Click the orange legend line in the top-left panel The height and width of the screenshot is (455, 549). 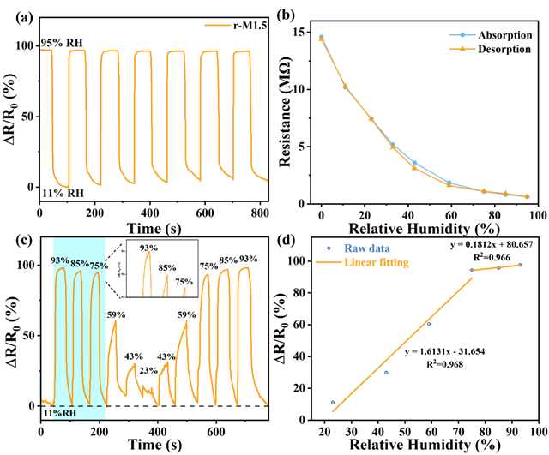[x=218, y=25]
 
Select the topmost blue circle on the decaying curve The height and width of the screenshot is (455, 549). [x=322, y=37]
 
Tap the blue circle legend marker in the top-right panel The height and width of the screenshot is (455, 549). [x=462, y=35]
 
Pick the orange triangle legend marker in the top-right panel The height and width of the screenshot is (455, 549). [x=462, y=49]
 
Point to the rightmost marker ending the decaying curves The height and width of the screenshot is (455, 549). [x=527, y=197]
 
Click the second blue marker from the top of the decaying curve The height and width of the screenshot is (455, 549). [x=346, y=86]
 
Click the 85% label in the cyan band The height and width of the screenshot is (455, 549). [x=80, y=263]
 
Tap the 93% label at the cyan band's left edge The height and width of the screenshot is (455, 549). [x=61, y=260]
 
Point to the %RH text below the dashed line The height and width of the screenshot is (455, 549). [x=65, y=413]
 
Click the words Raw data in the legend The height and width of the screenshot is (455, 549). [x=368, y=247]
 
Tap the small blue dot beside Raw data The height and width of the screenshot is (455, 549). [x=329, y=247]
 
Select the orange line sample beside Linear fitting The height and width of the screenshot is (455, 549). [x=329, y=262]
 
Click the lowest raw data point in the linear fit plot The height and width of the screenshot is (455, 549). [x=333, y=402]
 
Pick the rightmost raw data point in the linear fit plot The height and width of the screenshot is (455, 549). [x=520, y=265]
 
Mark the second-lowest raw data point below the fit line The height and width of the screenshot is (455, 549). [x=386, y=372]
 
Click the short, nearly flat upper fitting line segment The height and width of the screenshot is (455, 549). [x=496, y=268]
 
